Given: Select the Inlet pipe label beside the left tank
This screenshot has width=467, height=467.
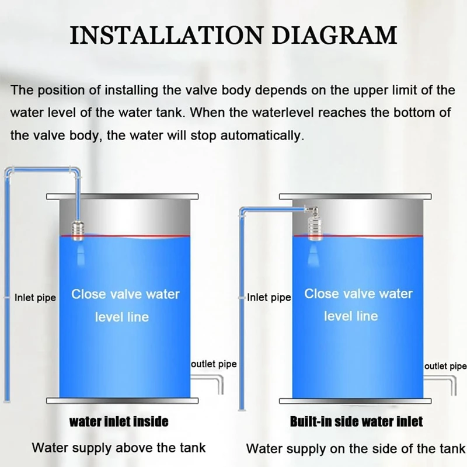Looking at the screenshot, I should pos(35,298).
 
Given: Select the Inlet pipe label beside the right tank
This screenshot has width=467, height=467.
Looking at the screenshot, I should pos(269,298).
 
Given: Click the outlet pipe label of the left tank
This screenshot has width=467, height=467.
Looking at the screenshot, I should pos(214,364).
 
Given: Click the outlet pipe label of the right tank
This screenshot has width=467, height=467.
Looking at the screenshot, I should pos(445,366).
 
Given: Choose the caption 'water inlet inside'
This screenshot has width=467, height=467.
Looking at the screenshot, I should pos(119,421).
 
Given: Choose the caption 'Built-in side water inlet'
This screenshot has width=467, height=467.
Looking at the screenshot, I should pos(356,421).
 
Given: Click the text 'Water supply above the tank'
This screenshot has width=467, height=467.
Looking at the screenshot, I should pos(119,448).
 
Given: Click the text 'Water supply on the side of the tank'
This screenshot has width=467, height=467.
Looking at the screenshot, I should pos(356,449).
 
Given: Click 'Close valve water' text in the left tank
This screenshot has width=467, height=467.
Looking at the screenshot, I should pos(125,294).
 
